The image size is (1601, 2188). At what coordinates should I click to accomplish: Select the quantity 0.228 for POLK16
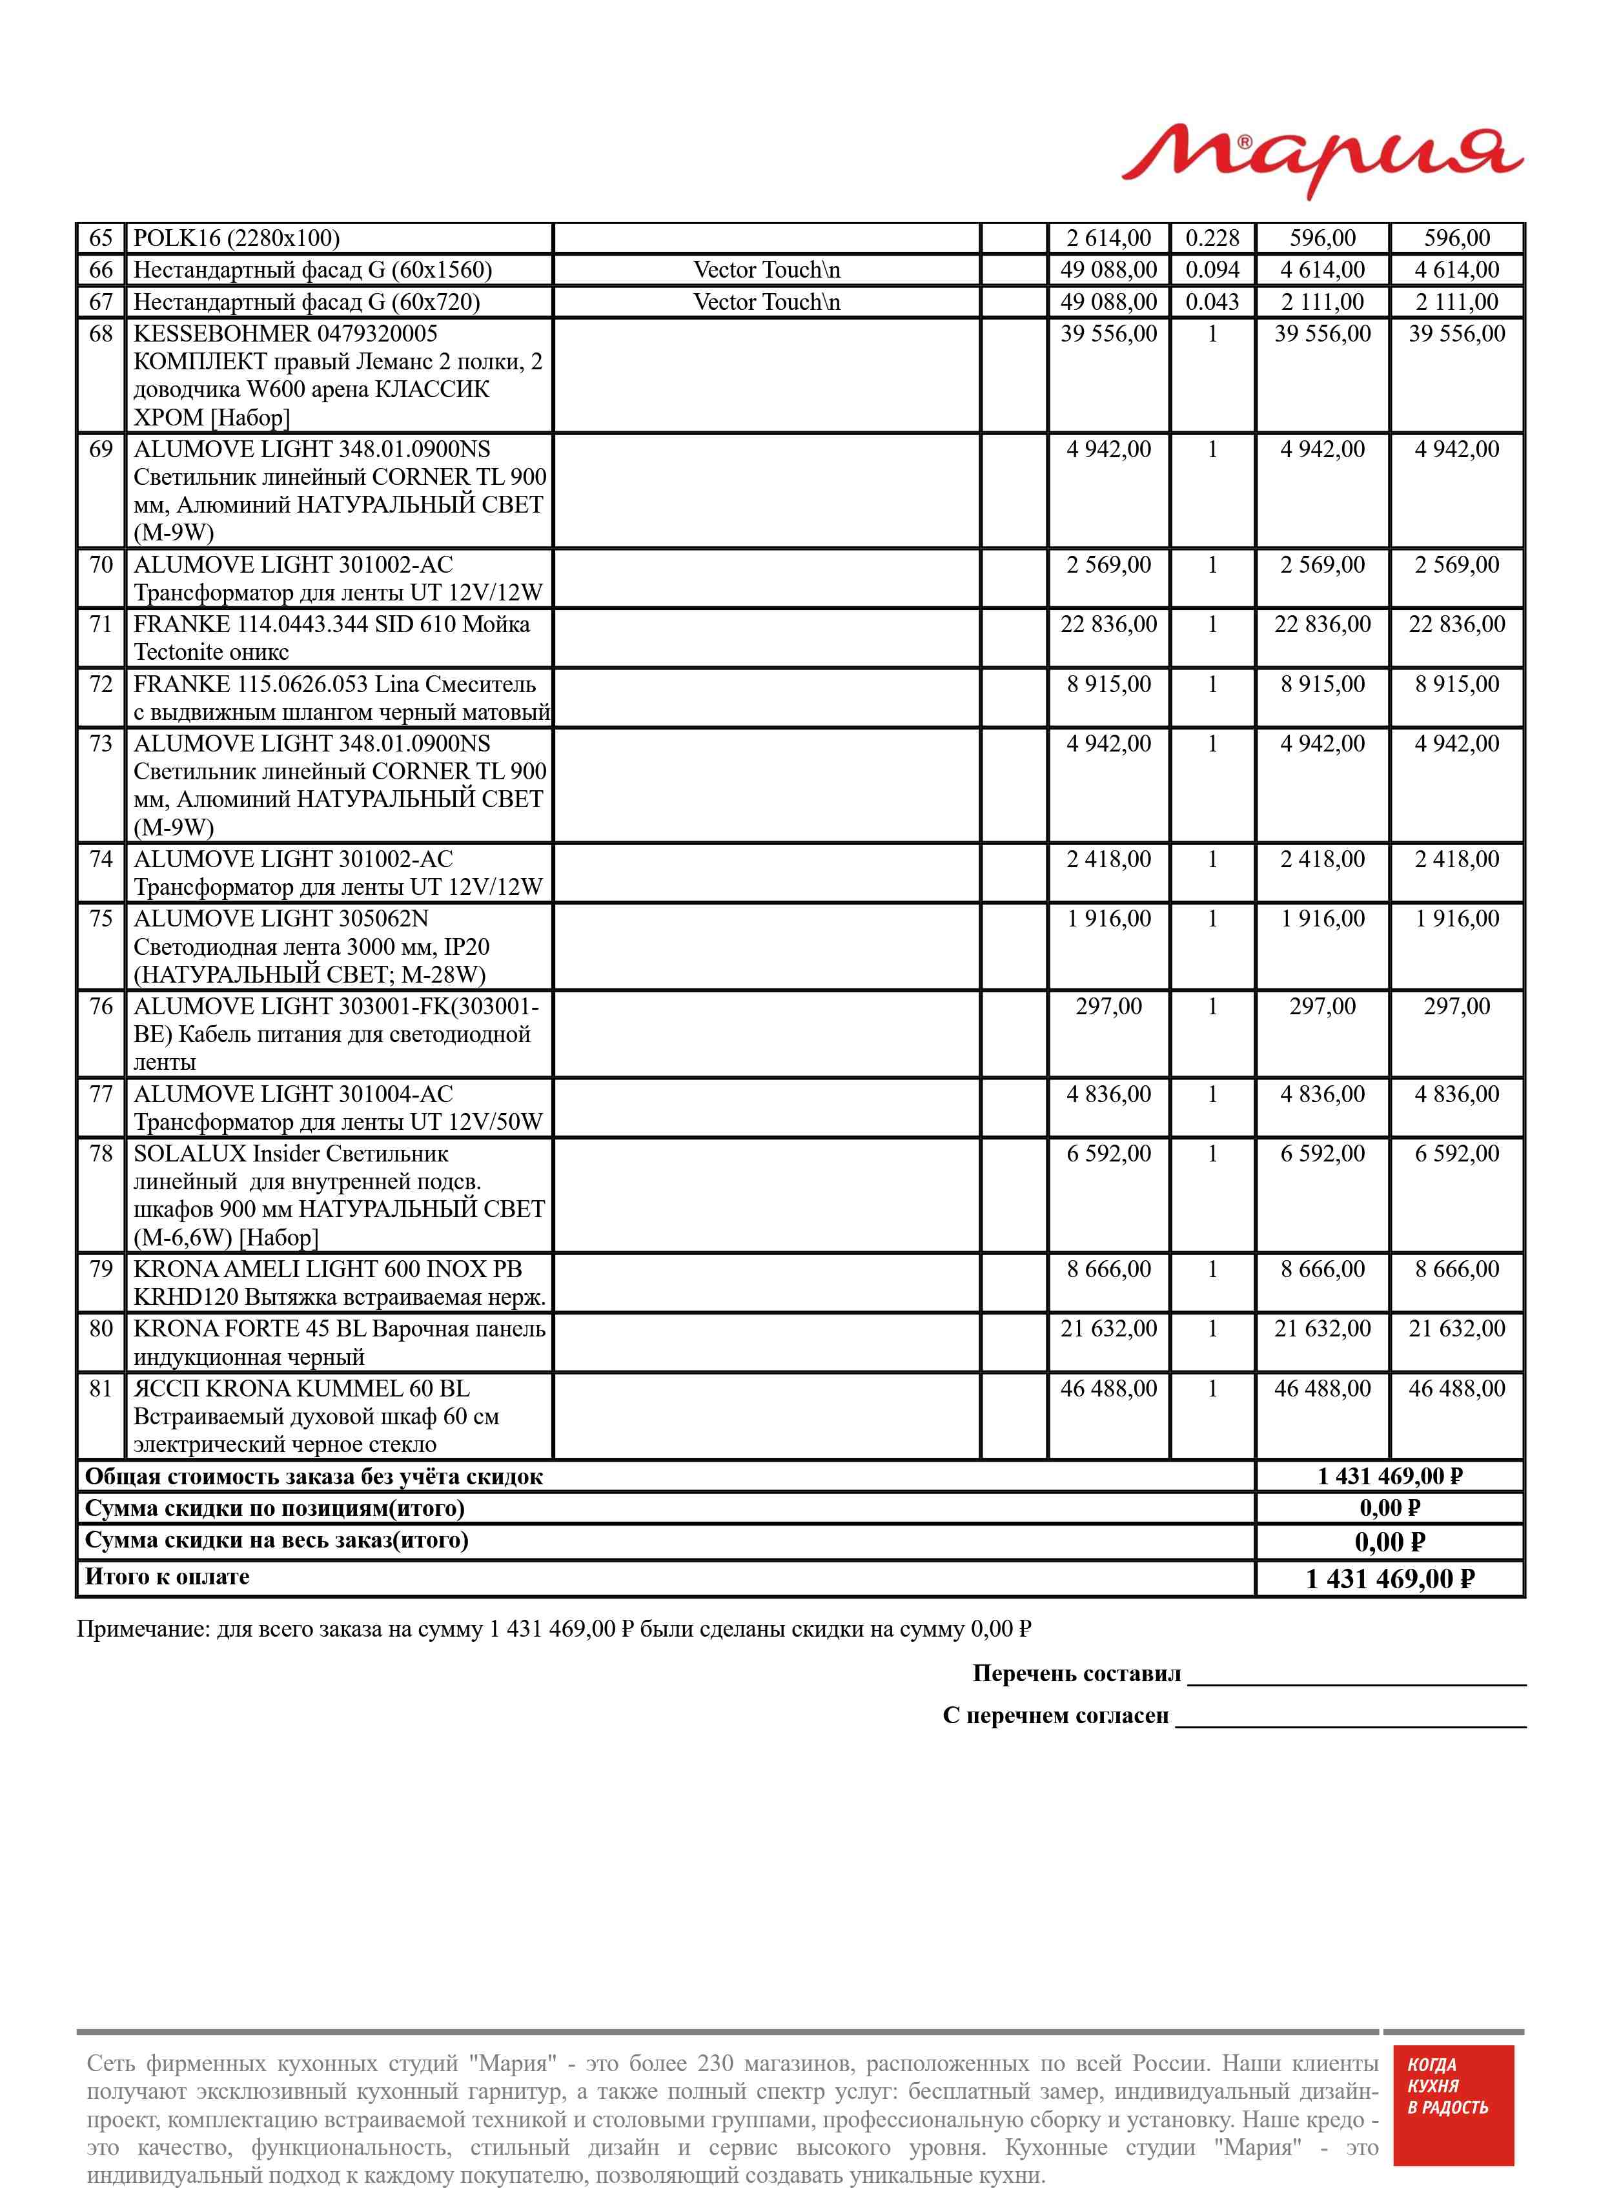[1212, 238]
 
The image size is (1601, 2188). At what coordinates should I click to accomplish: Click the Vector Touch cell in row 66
[766, 271]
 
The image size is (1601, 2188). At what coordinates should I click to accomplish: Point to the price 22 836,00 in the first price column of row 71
[1108, 625]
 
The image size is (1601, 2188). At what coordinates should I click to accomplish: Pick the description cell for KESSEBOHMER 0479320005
[338, 375]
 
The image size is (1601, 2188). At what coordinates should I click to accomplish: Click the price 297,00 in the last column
[1456, 1007]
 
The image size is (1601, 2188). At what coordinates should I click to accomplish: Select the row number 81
[101, 1389]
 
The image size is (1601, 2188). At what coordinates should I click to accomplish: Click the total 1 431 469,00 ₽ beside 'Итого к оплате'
[1390, 1579]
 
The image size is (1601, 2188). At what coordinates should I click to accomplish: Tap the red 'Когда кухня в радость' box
[1452, 2105]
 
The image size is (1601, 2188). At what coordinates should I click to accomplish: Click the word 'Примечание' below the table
[141, 1629]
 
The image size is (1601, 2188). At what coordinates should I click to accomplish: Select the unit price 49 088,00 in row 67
[1108, 302]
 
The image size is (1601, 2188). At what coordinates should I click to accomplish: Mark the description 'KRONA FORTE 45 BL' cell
[338, 1342]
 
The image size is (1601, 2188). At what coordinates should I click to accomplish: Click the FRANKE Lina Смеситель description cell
[338, 698]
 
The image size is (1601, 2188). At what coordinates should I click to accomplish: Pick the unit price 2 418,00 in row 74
[1108, 859]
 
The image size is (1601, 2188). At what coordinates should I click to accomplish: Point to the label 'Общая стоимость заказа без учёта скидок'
[314, 1477]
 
